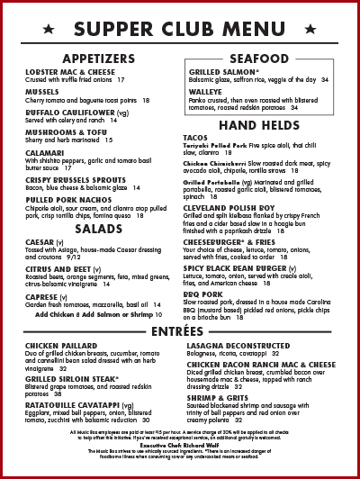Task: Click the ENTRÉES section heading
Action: point(180,332)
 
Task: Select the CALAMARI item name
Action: point(44,152)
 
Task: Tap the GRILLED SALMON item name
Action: point(222,71)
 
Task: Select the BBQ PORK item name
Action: point(205,294)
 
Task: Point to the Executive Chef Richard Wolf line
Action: point(180,446)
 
